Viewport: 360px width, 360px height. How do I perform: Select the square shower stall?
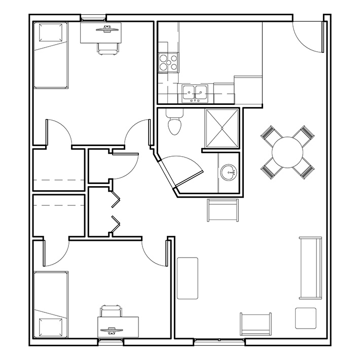pyautogui.click(x=222, y=127)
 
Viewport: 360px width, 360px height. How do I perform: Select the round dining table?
pyautogui.click(x=287, y=152)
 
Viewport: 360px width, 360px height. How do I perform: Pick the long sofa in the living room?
pyautogui.click(x=310, y=267)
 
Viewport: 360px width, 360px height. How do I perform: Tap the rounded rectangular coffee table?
pyautogui.click(x=187, y=278)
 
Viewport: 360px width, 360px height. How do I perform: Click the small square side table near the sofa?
pyautogui.click(x=306, y=318)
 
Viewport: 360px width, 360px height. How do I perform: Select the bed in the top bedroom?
pyautogui.click(x=50, y=56)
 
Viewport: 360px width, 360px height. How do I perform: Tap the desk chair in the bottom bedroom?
pyautogui.click(x=112, y=310)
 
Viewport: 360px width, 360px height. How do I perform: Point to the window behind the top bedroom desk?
pyautogui.click(x=94, y=18)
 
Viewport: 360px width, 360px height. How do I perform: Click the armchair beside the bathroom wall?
pyautogui.click(x=223, y=209)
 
